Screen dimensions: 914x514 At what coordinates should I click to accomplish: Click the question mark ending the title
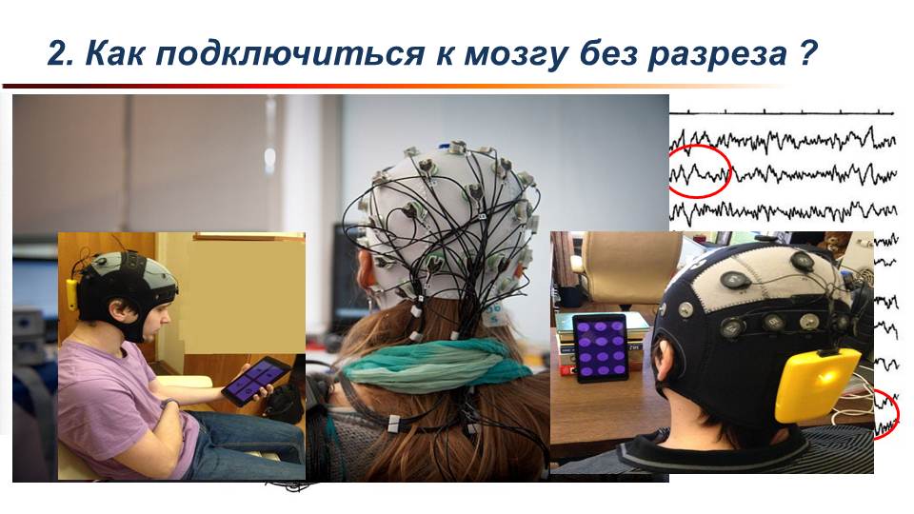(x=806, y=52)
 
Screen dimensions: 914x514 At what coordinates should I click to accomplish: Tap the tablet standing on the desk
(x=601, y=348)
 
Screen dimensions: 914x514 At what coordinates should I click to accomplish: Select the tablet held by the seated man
(x=255, y=381)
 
